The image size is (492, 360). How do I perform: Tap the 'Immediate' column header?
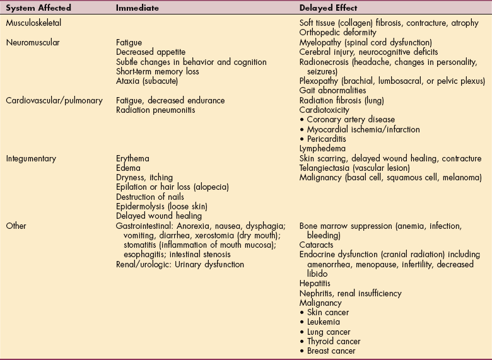[138, 8]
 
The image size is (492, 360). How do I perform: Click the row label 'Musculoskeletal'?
[37, 23]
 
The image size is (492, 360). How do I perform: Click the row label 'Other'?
[18, 226]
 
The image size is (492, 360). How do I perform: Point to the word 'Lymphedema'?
[324, 148]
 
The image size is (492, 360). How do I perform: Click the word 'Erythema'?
[132, 158]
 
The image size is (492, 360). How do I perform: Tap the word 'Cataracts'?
[316, 245]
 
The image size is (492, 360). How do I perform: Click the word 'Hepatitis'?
[315, 284]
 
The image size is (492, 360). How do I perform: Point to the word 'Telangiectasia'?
[325, 168]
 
